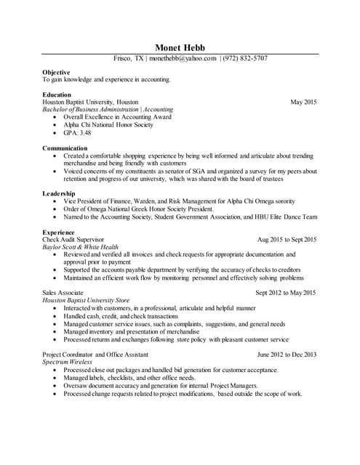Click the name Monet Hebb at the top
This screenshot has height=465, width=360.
tap(180, 47)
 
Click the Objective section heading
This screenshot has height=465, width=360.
tap(56, 73)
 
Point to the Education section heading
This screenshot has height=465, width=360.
tap(57, 94)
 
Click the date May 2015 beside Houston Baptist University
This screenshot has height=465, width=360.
tap(303, 102)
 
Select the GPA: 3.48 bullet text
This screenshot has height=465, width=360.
tap(76, 133)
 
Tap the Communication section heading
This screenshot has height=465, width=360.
tap(65, 148)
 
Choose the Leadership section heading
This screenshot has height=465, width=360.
tap(59, 194)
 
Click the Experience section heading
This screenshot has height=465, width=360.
tap(59, 232)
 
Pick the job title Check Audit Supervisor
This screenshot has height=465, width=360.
tap(73, 239)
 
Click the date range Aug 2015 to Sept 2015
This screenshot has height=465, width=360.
tap(287, 239)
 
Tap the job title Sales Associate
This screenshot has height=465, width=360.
tap(63, 293)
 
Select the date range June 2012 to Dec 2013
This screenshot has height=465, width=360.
tap(287, 354)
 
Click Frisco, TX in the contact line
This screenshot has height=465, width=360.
tap(129, 58)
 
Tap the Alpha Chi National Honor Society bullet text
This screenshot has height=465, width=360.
tap(108, 125)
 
